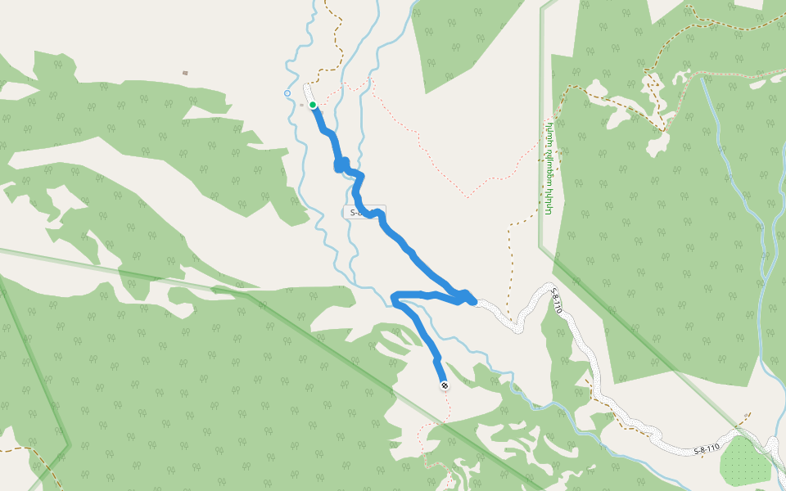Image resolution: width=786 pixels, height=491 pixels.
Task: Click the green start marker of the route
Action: pyautogui.click(x=313, y=105)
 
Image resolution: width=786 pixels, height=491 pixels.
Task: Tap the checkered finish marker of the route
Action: pyautogui.click(x=445, y=385)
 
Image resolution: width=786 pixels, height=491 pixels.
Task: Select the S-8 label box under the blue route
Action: pyautogui.click(x=364, y=212)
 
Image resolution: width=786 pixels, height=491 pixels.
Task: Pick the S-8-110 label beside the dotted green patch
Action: pyautogui.click(x=707, y=449)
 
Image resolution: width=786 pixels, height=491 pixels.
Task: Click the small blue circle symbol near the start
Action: pyautogui.click(x=287, y=93)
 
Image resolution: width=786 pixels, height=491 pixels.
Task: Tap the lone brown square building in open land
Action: pyautogui.click(x=185, y=73)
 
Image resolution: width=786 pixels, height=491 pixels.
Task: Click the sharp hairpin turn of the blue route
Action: pyautogui.click(x=395, y=299)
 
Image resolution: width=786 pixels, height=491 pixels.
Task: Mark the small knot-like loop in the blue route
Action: pyautogui.click(x=341, y=164)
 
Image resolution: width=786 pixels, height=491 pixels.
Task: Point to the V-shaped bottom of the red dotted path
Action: pyautogui.click(x=468, y=196)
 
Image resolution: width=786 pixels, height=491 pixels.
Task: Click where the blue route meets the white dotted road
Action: pyautogui.click(x=475, y=302)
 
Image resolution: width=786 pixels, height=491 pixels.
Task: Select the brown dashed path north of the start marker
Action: pyautogui.click(x=337, y=41)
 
